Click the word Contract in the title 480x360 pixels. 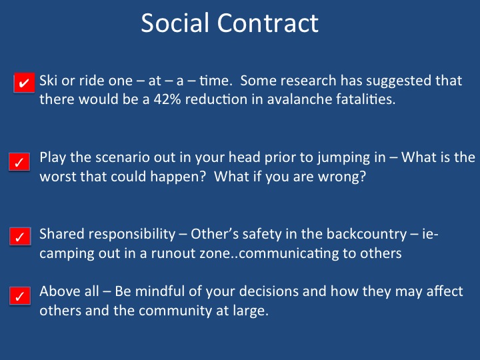[268, 23]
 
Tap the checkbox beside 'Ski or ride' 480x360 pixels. [24, 83]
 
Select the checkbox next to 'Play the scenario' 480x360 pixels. [19, 161]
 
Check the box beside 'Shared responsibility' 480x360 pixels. [20, 236]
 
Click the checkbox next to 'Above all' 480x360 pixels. [20, 296]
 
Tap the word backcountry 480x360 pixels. [367, 235]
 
